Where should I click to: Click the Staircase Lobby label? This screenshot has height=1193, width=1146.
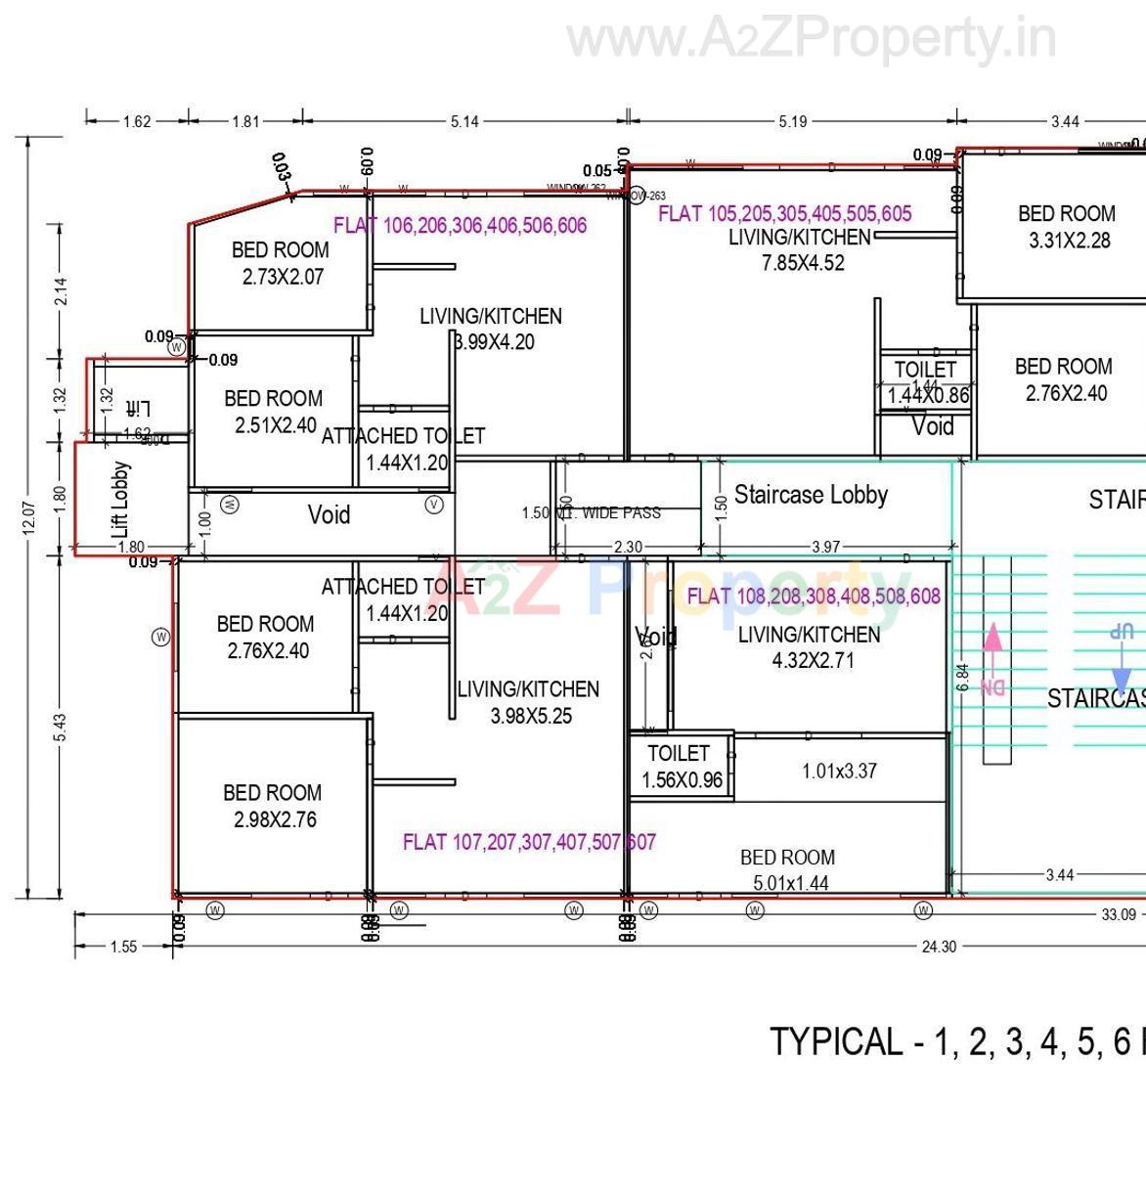(811, 495)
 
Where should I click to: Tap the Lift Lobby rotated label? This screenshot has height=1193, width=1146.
(121, 499)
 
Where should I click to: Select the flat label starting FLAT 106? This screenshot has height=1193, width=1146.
(460, 226)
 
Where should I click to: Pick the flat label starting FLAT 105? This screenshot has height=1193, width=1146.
(784, 214)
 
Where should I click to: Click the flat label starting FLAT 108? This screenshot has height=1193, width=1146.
(814, 596)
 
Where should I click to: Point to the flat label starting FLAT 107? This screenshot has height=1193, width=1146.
(529, 842)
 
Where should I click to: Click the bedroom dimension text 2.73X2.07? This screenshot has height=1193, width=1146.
(283, 277)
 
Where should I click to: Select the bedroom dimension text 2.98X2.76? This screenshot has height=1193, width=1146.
(275, 819)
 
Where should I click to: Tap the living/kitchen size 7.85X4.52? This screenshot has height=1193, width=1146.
(803, 263)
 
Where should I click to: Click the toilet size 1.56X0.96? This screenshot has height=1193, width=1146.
(682, 780)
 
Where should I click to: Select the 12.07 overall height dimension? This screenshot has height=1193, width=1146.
(29, 517)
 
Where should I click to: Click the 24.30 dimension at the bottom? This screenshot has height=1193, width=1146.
(938, 947)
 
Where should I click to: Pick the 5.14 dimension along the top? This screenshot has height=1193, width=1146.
(464, 122)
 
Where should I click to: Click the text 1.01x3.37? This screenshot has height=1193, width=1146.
(839, 771)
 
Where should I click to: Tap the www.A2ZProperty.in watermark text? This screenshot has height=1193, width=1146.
(812, 39)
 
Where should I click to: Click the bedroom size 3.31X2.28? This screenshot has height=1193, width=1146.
(1069, 241)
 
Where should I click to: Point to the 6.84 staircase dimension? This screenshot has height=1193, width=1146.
(962, 678)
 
